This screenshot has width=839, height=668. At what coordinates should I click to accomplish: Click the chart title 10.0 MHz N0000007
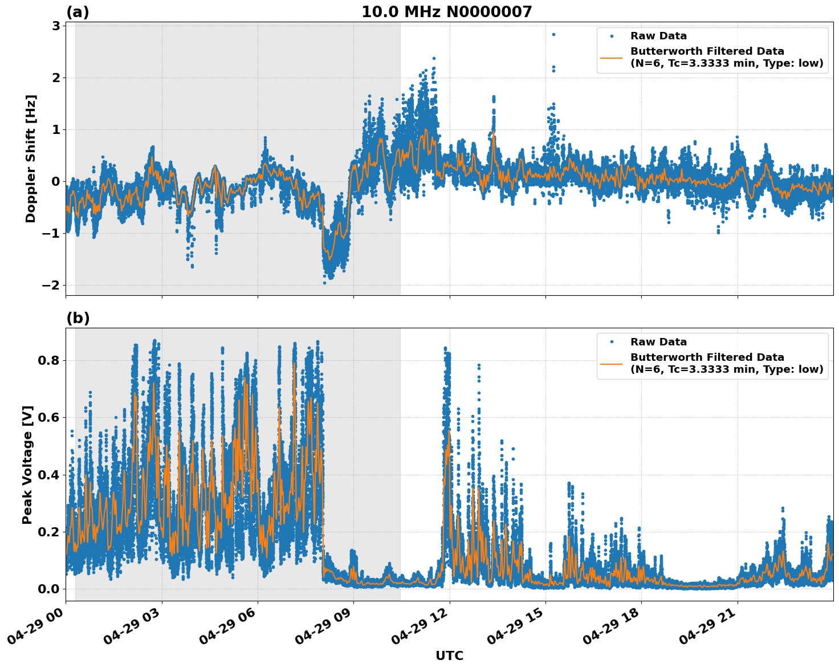[x=446, y=12]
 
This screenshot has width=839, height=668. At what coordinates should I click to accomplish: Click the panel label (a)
[x=78, y=12]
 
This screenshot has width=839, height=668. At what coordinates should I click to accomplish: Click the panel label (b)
[x=78, y=318]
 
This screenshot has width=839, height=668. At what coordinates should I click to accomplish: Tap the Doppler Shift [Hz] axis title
[x=31, y=158]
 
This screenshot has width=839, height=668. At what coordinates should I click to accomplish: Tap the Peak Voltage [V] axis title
[x=27, y=465]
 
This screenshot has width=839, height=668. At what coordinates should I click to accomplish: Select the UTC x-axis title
[x=449, y=655]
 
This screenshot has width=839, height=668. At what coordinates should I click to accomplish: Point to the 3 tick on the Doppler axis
[x=56, y=26]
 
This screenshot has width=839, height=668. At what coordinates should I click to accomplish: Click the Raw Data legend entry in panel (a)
[x=658, y=36]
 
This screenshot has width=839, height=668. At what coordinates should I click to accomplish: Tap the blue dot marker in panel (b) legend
[x=612, y=342]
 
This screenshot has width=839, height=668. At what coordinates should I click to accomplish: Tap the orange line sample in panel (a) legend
[x=612, y=57]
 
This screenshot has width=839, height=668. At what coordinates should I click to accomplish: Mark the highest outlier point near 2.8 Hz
[x=553, y=34]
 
